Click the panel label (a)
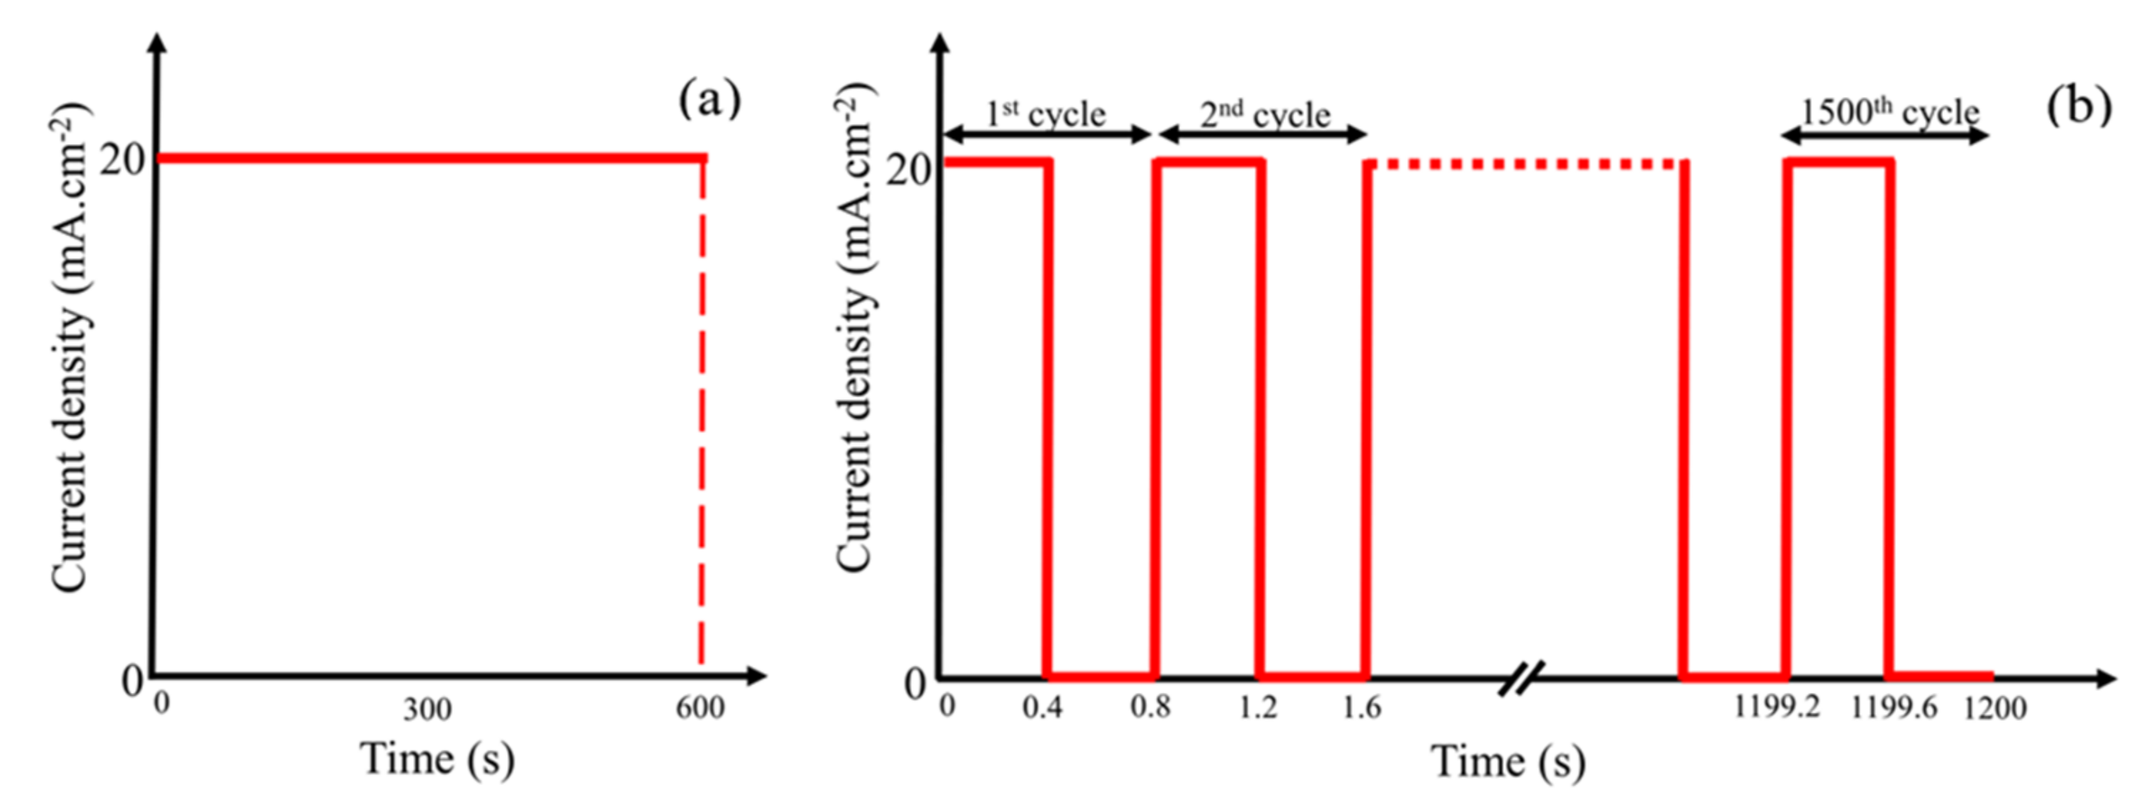pyautogui.click(x=710, y=101)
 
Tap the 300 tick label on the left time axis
pyautogui.click(x=427, y=710)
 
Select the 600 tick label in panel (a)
pyautogui.click(x=700, y=708)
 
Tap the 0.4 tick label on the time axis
pyautogui.click(x=1043, y=708)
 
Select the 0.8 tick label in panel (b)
pyautogui.click(x=1150, y=708)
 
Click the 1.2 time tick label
pyautogui.click(x=1257, y=708)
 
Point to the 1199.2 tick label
pyautogui.click(x=1776, y=708)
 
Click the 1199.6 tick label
pyautogui.click(x=1893, y=708)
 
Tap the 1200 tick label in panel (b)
pyautogui.click(x=1995, y=709)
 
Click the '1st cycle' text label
pyautogui.click(x=1046, y=114)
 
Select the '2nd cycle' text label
pyautogui.click(x=1265, y=115)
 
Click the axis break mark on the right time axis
pyautogui.click(x=1520, y=679)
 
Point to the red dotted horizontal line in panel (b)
pyautogui.click(x=1524, y=164)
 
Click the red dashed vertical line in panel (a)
pyautogui.click(x=701, y=416)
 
